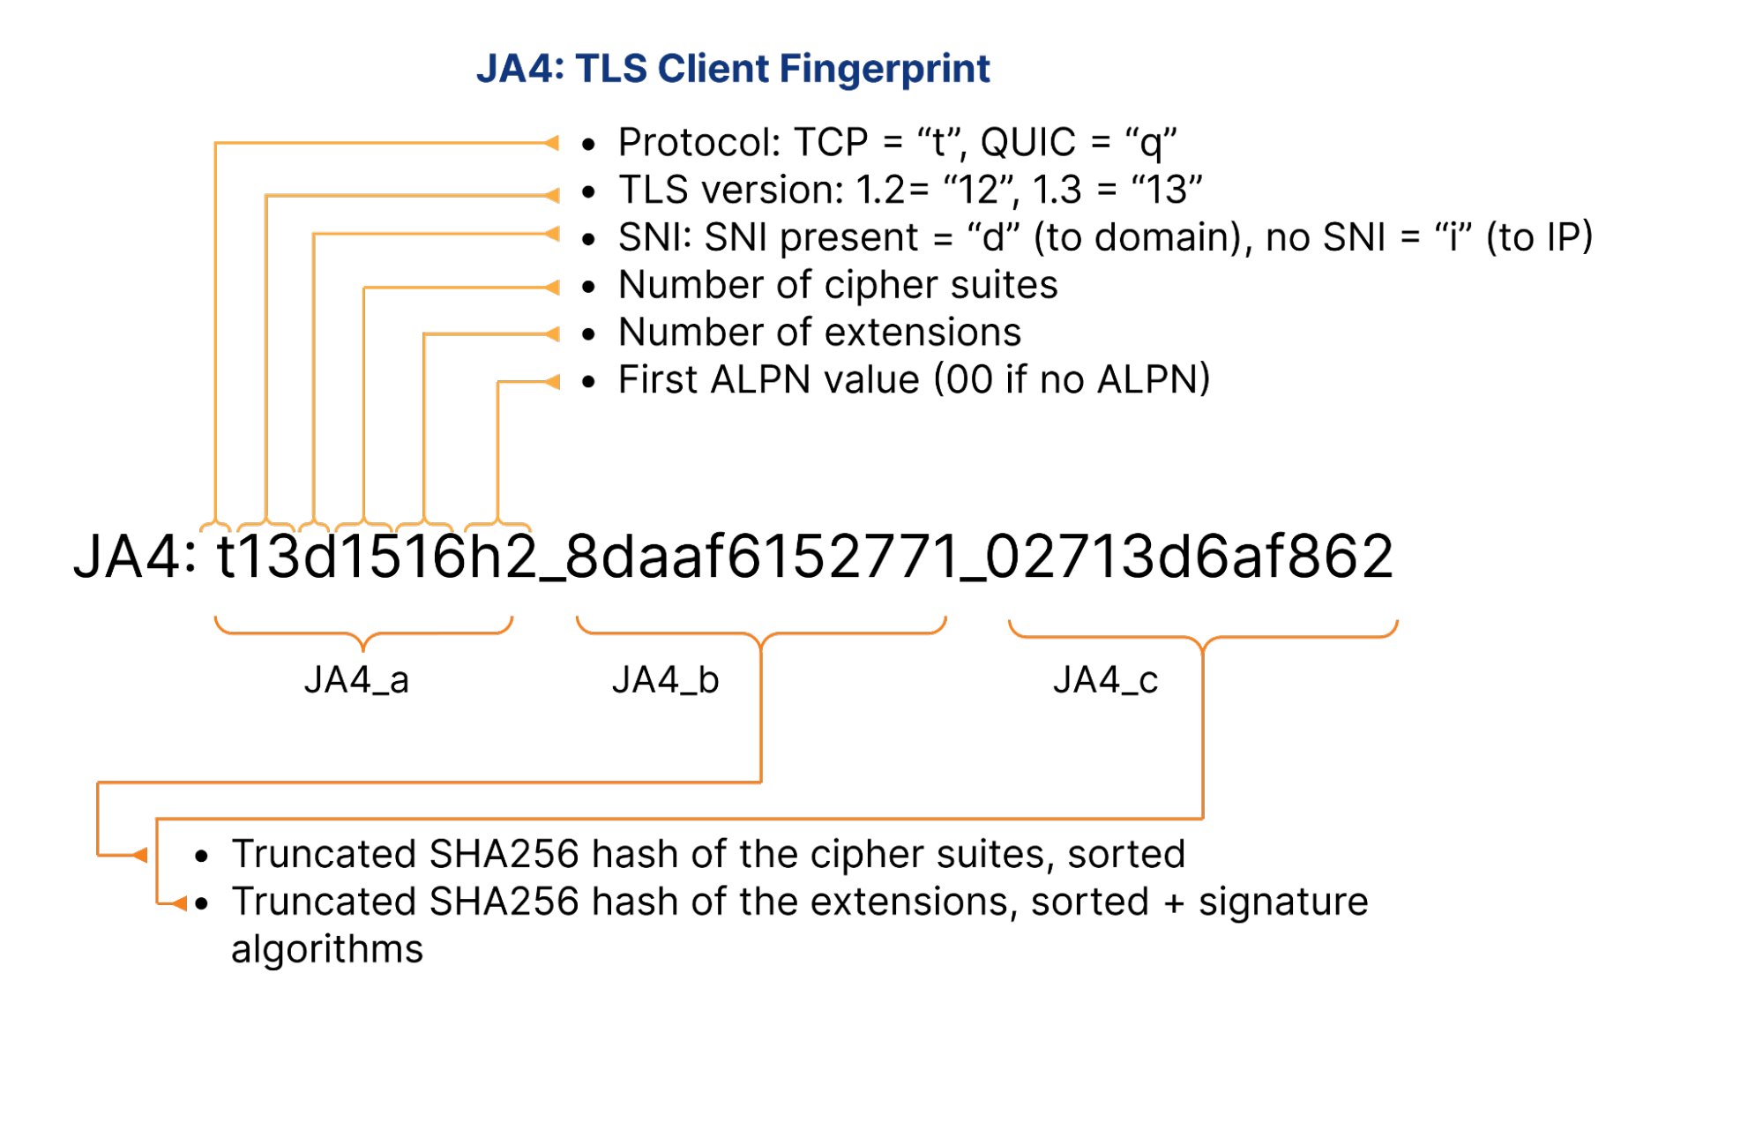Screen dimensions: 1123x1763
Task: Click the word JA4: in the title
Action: tap(519, 69)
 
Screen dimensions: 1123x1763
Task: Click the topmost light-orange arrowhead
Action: tap(553, 143)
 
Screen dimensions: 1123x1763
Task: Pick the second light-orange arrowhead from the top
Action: tap(553, 195)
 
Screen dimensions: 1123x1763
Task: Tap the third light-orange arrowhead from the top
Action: tap(553, 234)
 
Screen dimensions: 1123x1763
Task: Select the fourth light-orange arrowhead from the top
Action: tap(553, 288)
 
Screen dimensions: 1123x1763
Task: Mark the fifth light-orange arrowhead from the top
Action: tap(553, 334)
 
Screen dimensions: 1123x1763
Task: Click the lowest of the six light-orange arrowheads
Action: tap(553, 382)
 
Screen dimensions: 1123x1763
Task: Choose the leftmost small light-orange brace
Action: tap(215, 527)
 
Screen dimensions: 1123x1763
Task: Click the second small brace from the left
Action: tap(265, 527)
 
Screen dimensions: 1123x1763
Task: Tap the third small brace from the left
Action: tap(314, 527)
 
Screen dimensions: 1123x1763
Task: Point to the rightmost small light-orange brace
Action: tap(497, 527)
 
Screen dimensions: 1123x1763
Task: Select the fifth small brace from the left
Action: tap(424, 527)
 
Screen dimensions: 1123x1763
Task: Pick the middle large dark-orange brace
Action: tap(761, 633)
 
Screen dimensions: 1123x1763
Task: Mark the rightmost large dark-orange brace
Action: tap(1203, 635)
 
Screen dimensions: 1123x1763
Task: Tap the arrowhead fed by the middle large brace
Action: tap(139, 855)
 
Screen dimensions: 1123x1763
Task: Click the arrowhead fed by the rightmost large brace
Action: tap(179, 903)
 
